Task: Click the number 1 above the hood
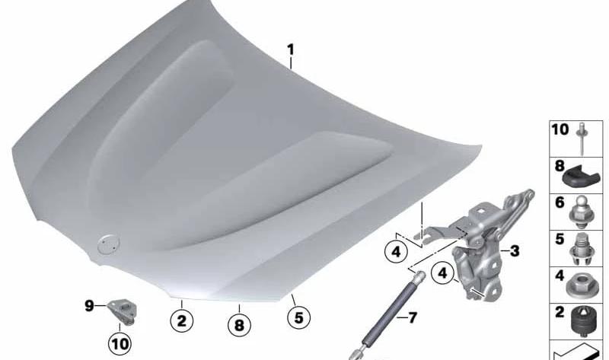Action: click(x=291, y=49)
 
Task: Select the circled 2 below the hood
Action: click(x=182, y=321)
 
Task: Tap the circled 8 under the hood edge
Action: click(x=239, y=325)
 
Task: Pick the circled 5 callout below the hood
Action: click(x=298, y=317)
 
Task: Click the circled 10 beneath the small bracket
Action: click(x=120, y=344)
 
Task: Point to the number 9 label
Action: click(x=89, y=306)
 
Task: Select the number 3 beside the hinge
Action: click(x=515, y=251)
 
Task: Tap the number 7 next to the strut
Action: click(x=412, y=317)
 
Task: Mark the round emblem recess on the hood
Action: click(x=108, y=244)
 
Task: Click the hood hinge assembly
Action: click(x=481, y=244)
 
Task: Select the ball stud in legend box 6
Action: click(x=580, y=212)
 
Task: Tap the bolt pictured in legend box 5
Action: click(x=582, y=249)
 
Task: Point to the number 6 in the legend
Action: click(x=560, y=202)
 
